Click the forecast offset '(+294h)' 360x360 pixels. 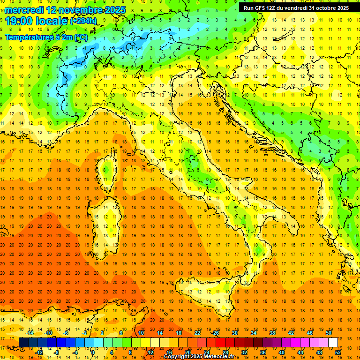coord(84,21)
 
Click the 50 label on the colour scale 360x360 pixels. coord(329,333)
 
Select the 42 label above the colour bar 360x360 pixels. coord(291,333)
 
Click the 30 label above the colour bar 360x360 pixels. coord(235,333)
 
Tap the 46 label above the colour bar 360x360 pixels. coord(310,333)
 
